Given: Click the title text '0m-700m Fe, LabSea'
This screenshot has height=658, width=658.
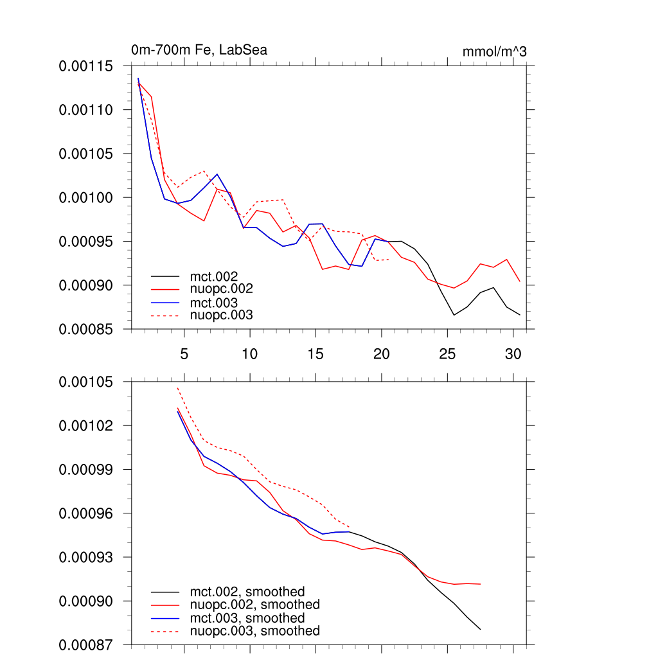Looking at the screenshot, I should tap(199, 49).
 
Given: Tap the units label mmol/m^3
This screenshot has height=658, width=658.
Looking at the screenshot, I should tap(494, 51).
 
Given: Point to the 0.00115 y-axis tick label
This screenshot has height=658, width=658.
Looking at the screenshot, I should tap(86, 66).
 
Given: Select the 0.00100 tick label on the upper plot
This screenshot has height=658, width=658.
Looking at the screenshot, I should tap(86, 197).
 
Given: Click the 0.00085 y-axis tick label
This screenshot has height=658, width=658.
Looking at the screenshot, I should tap(86, 329).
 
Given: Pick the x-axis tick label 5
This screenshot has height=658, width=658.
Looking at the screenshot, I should tap(184, 354).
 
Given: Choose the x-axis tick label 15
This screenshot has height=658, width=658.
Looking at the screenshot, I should tap(315, 354).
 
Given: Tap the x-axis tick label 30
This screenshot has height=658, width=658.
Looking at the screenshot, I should tap(512, 354).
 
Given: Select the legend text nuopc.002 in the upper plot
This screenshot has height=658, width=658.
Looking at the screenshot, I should tap(221, 289).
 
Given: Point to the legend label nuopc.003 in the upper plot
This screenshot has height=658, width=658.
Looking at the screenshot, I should tap(221, 315).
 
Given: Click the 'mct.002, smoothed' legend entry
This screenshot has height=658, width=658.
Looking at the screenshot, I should tap(247, 591).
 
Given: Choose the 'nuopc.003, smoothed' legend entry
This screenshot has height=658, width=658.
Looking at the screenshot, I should tap(254, 631).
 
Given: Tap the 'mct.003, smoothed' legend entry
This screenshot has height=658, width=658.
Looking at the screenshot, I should tap(247, 618).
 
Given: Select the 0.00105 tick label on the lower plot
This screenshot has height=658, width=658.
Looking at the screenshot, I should tap(86, 382).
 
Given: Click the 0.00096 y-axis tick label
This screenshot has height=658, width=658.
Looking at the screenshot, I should tap(86, 513).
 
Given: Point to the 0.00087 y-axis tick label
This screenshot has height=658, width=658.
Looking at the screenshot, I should tap(86, 645).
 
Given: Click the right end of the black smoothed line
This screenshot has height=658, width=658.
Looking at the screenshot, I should tap(480, 629).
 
